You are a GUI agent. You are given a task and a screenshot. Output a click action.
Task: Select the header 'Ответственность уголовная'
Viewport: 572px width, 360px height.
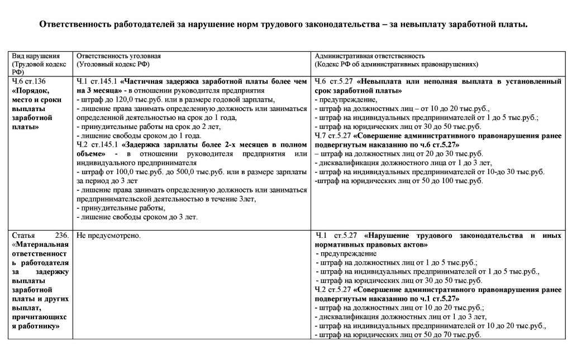pyautogui.click(x=118, y=56)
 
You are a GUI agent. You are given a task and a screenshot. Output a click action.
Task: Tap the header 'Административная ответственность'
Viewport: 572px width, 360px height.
pyautogui.click(x=370, y=56)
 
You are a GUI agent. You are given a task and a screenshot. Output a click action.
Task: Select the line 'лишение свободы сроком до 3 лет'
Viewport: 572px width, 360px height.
pyautogui.click(x=139, y=217)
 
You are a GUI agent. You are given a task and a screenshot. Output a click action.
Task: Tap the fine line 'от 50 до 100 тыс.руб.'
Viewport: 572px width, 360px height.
pyautogui.click(x=399, y=181)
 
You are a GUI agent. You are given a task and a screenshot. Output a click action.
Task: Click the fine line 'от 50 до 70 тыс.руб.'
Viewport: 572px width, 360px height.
pyautogui.click(x=399, y=335)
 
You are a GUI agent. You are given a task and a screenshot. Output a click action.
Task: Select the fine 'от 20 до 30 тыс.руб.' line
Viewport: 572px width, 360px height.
pyautogui.click(x=399, y=153)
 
